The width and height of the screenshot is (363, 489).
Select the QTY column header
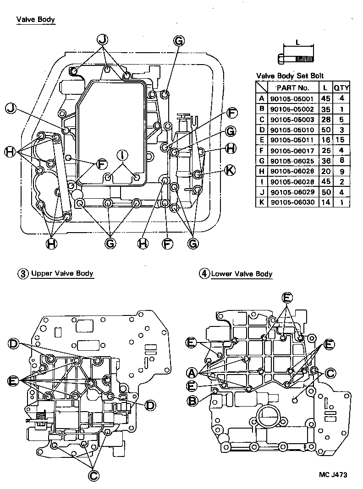[341, 87]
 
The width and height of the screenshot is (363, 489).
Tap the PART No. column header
[294, 87]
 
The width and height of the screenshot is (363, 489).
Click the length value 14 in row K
[325, 202]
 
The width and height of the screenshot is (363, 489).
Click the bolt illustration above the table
[296, 59]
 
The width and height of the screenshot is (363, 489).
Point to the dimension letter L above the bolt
[298, 42]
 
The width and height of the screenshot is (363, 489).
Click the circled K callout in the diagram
[230, 170]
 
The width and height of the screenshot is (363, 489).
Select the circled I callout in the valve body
[122, 154]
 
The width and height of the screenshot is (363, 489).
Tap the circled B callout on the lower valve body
[193, 401]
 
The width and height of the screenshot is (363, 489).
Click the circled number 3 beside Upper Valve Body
[23, 274]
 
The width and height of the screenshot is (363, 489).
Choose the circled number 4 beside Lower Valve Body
[203, 274]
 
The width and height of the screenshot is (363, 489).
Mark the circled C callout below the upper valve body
[93, 475]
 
